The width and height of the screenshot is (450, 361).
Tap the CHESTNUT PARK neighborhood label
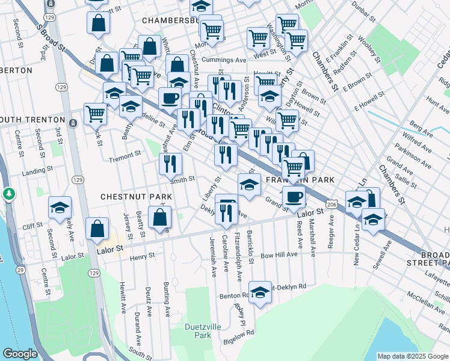136,197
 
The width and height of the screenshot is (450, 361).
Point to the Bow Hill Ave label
280,255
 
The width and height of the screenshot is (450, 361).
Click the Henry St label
142,256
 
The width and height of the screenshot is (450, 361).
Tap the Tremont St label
125,153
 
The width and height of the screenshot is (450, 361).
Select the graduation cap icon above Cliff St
60,208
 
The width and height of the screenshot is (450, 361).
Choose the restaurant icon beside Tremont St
170,163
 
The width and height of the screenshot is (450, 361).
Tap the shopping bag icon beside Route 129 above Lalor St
97,229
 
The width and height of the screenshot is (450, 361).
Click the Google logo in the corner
20,354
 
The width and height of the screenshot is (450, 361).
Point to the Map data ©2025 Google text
411,356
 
